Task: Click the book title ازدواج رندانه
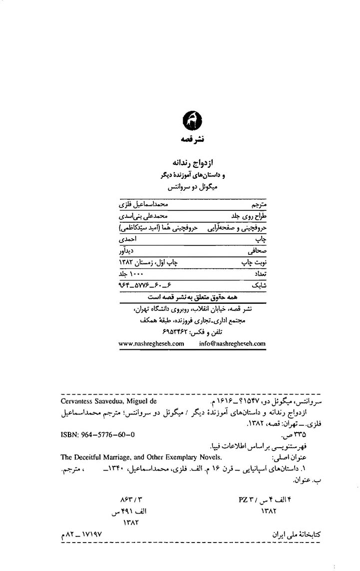tap(192, 162)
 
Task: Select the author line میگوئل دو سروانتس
tap(192, 187)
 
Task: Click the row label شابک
tap(259, 285)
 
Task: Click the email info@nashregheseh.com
tap(232, 343)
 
